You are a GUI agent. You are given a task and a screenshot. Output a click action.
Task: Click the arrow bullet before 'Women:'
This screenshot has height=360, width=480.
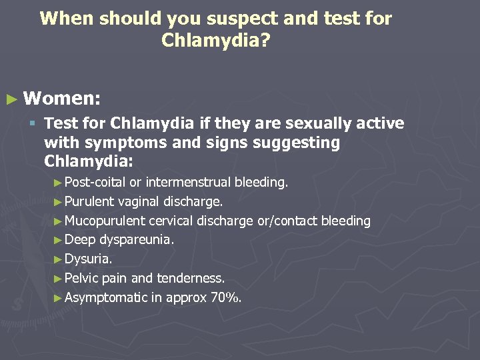(x=11, y=100)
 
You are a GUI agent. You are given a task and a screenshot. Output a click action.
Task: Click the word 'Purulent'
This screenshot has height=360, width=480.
(x=88, y=201)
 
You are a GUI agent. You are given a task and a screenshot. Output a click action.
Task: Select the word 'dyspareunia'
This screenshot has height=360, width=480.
(x=137, y=240)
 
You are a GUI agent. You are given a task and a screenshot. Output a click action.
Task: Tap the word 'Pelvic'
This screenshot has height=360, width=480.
(x=81, y=278)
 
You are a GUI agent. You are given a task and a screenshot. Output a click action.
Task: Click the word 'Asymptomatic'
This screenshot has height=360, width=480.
(x=105, y=297)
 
